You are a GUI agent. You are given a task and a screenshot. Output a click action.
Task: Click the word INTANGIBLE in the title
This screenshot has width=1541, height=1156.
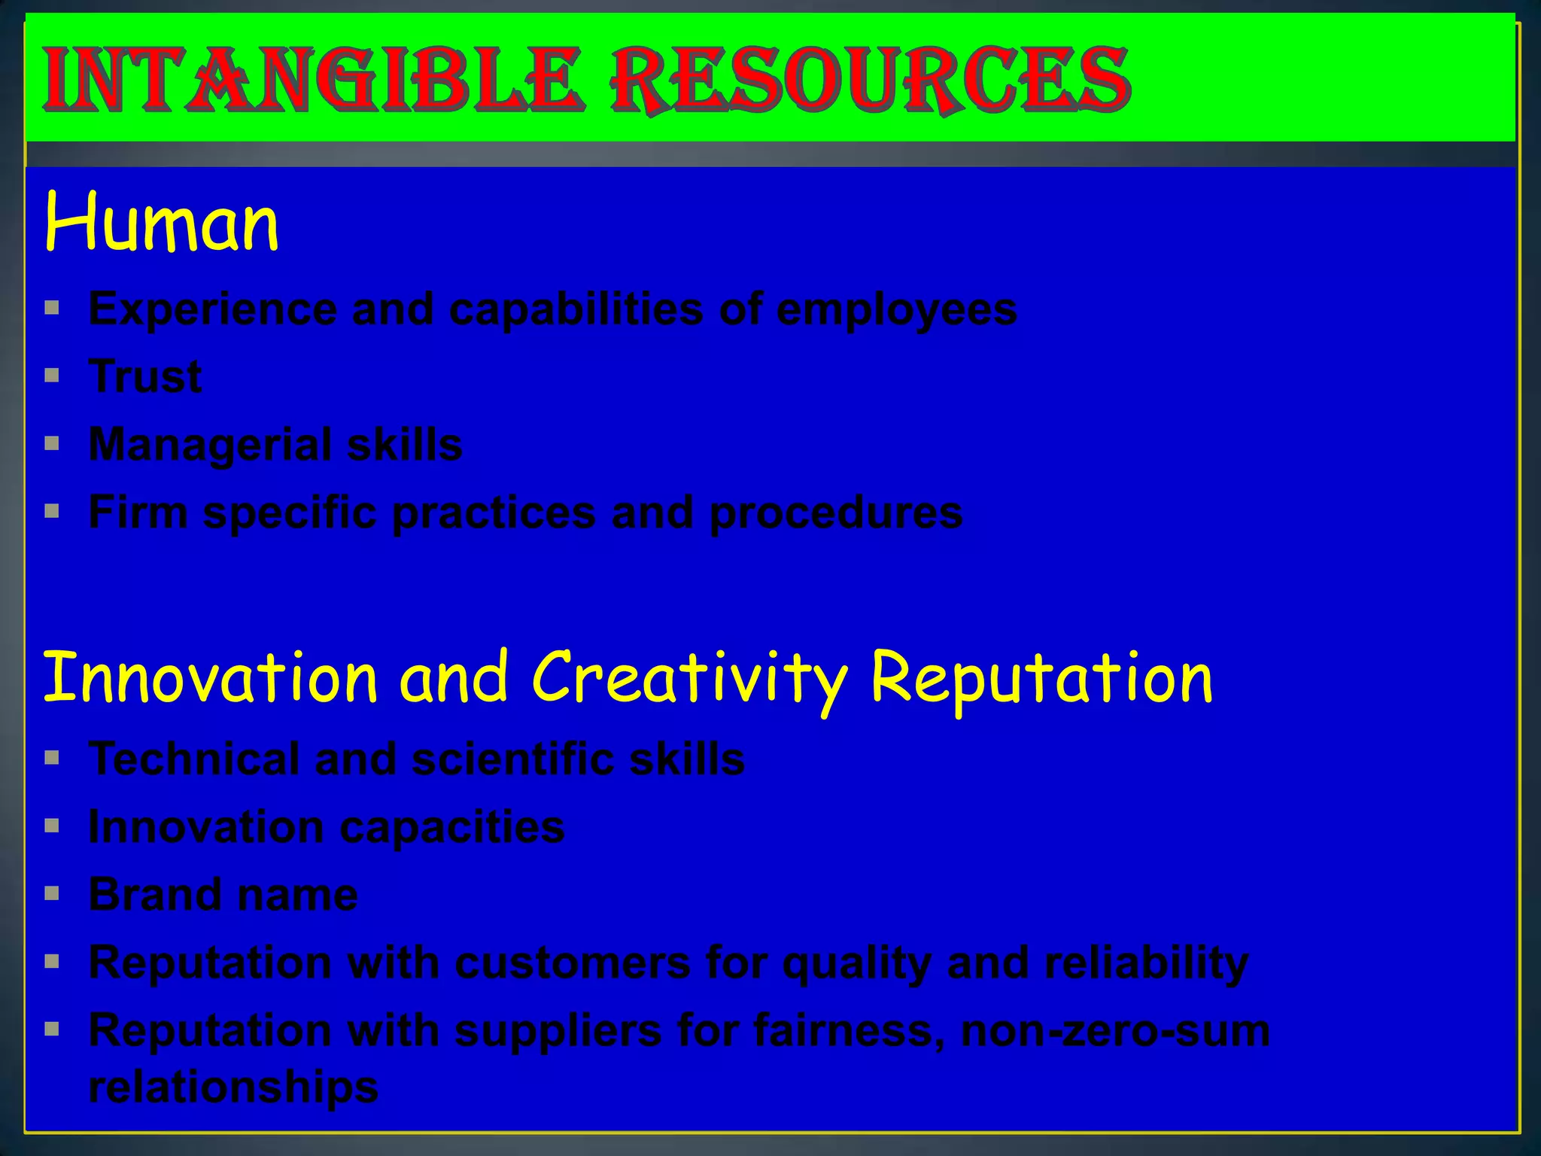pos(312,79)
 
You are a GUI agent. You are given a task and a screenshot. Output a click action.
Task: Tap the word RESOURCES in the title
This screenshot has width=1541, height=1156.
pos(871,79)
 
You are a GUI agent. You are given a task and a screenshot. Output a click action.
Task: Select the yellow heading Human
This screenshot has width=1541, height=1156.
pos(162,223)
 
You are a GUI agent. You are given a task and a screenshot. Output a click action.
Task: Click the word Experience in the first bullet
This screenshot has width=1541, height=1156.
pos(213,309)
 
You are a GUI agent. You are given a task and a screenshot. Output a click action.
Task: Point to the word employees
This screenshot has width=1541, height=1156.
pos(896,309)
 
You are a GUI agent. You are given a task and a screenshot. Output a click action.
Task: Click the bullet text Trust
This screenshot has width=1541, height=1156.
pos(145,376)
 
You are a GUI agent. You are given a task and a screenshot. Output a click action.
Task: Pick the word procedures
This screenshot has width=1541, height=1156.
pos(836,513)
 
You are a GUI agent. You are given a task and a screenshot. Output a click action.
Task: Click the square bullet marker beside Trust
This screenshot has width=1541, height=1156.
pos(52,376)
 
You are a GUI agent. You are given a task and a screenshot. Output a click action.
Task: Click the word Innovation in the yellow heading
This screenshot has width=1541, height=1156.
pos(210,678)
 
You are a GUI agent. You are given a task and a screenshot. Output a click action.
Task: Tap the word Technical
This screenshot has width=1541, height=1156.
pos(194,759)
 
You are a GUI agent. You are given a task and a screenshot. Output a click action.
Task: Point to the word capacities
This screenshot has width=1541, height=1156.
pos(452,827)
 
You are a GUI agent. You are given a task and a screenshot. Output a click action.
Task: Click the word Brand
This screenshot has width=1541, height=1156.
pos(154,895)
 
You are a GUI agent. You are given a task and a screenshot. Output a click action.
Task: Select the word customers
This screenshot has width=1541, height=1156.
pos(573,963)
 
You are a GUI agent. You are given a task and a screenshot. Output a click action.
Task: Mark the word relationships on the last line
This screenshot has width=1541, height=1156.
pos(233,1087)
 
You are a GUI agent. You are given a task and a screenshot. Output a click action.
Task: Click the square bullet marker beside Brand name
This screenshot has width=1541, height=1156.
pos(52,894)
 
